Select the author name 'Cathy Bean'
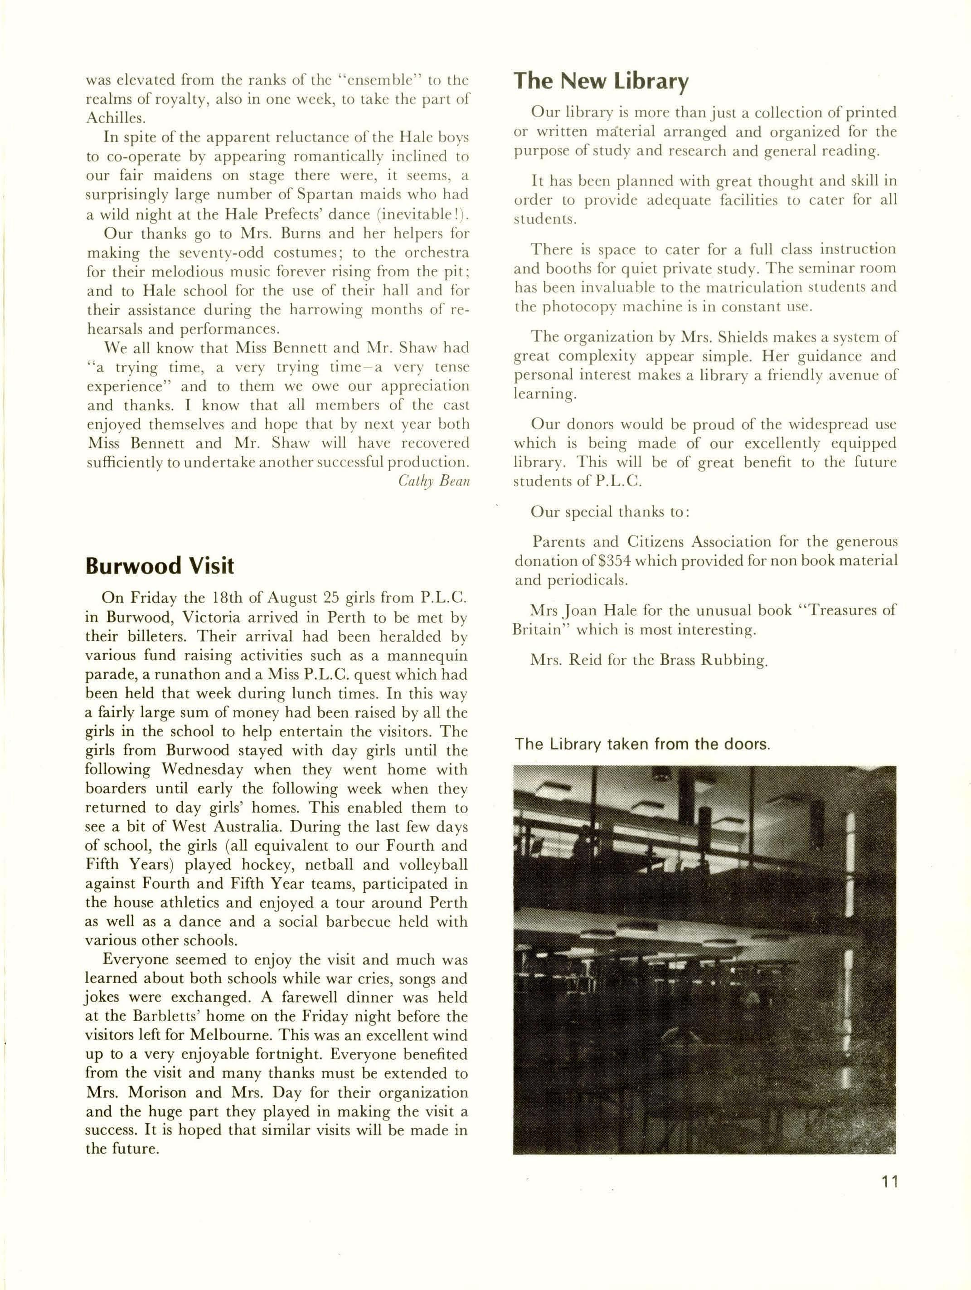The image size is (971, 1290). pyautogui.click(x=434, y=481)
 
